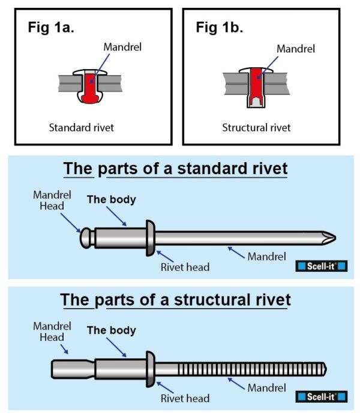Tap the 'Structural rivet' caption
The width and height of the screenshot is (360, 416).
click(256, 127)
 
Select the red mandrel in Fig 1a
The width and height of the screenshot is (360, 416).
click(88, 87)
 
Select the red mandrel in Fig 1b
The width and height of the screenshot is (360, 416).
click(256, 84)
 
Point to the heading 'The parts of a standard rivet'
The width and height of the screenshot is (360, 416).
click(176, 169)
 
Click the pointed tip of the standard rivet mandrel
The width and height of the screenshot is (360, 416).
click(328, 238)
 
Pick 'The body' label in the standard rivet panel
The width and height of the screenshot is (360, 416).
click(111, 199)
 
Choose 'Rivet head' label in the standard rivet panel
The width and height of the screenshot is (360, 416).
click(185, 267)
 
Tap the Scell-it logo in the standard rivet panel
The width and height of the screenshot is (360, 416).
click(322, 266)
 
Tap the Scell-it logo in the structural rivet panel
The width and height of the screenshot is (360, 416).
click(322, 396)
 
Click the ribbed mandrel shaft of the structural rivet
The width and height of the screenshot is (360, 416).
click(240, 367)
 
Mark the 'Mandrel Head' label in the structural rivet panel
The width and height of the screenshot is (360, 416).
click(52, 331)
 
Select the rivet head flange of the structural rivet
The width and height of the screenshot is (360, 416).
click(151, 367)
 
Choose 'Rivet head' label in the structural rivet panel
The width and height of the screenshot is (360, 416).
click(185, 398)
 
